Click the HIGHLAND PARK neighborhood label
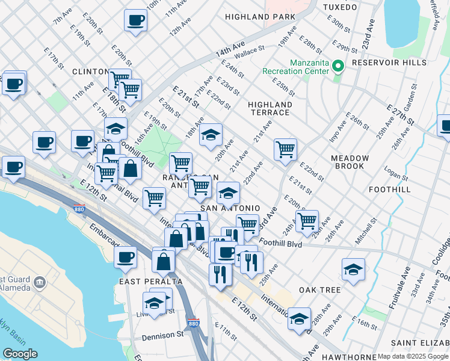[x=260, y=17]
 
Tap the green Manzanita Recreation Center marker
[x=338, y=66]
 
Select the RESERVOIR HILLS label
[x=389, y=63]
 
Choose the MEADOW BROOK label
[x=348, y=162]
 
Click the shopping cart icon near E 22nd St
[x=285, y=149]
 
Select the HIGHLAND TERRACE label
[x=270, y=108]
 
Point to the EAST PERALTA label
[x=143, y=282]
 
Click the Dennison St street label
[x=163, y=335]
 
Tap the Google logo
[x=19, y=354]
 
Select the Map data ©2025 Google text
[x=413, y=356]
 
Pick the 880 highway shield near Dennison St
[x=193, y=323]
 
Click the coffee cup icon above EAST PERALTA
[x=125, y=257]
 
